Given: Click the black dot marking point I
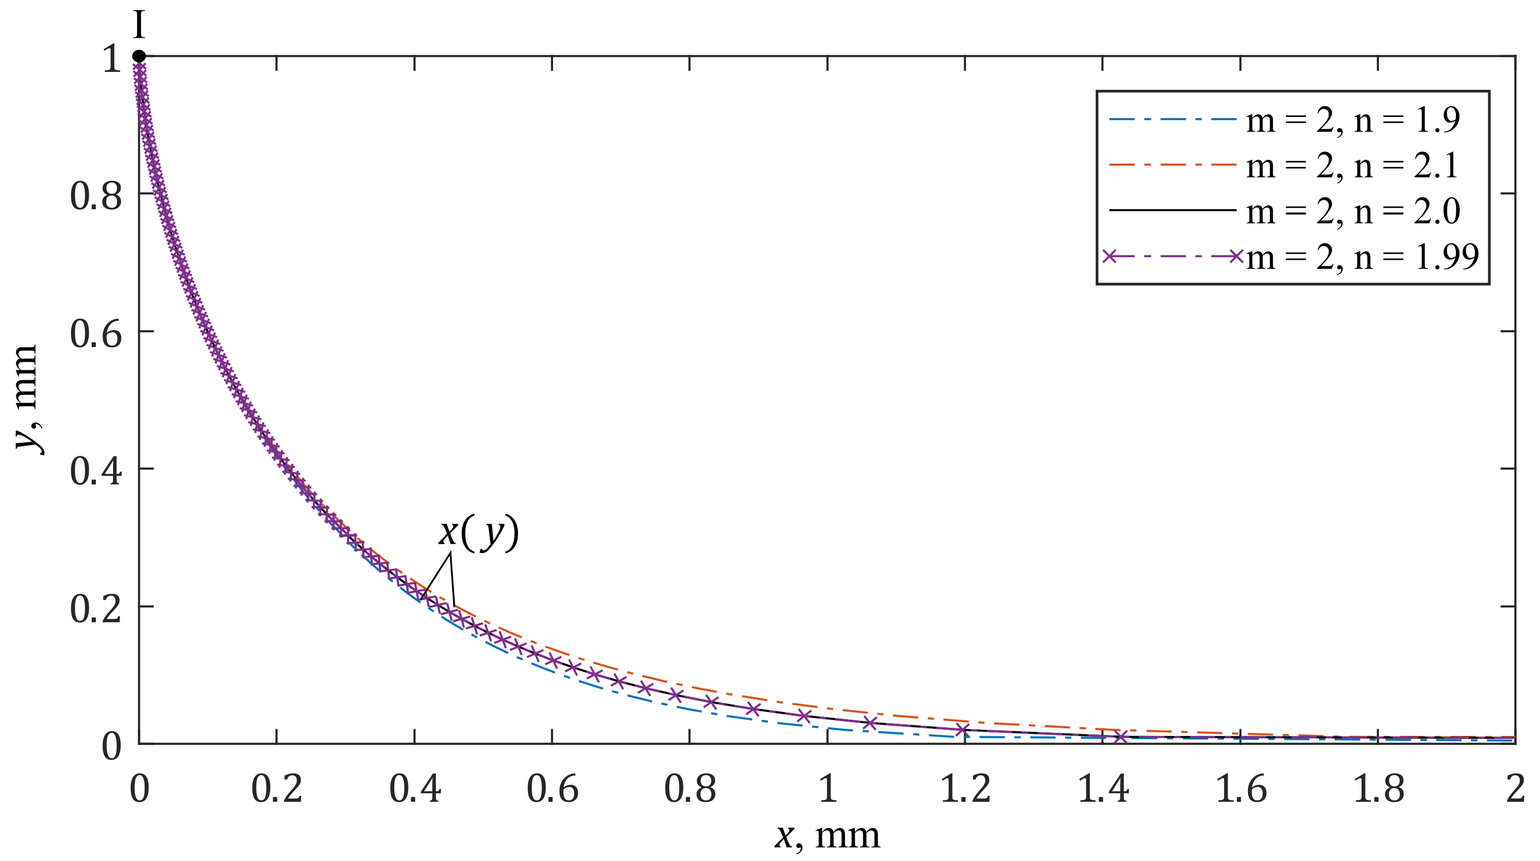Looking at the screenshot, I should coord(139,56).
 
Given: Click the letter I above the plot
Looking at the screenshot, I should coord(139,26).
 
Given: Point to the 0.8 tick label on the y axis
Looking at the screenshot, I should coord(96,195).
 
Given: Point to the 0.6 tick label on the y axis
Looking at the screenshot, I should coord(96,332).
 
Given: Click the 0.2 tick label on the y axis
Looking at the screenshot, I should coord(96,609).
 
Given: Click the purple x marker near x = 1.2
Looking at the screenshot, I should coord(963,729).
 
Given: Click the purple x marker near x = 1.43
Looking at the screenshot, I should coord(1121,737).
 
